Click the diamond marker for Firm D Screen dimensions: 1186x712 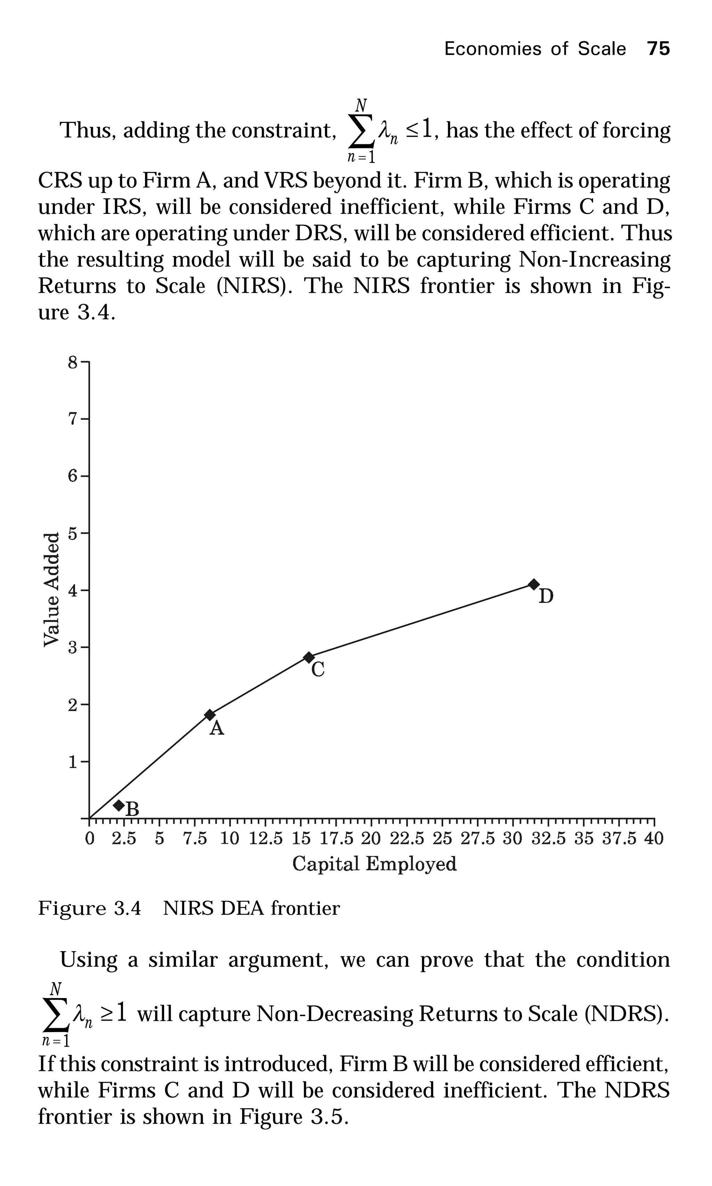[x=534, y=584]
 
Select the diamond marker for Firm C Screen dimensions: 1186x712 [x=309, y=657]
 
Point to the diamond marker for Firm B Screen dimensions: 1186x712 [x=119, y=805]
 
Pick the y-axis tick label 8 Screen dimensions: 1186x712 [x=72, y=362]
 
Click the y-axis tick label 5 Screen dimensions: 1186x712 [x=72, y=533]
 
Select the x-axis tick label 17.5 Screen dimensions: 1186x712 [x=337, y=839]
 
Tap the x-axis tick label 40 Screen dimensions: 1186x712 [x=654, y=839]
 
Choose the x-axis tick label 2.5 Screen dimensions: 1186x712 [x=124, y=839]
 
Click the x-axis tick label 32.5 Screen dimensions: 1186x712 [x=548, y=839]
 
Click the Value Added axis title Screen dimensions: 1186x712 [x=52, y=590]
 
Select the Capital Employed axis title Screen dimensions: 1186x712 [x=374, y=864]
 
